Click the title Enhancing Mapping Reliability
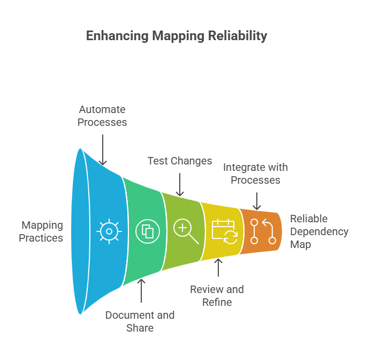176,36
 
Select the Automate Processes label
102,116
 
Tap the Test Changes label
179,161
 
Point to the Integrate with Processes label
255,174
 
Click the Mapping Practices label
41,231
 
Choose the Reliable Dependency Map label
319,231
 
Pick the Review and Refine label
217,296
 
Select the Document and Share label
140,321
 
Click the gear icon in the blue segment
109,231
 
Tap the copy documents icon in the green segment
148,231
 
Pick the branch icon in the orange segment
263,231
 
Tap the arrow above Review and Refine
218,268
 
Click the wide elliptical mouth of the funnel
80,231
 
